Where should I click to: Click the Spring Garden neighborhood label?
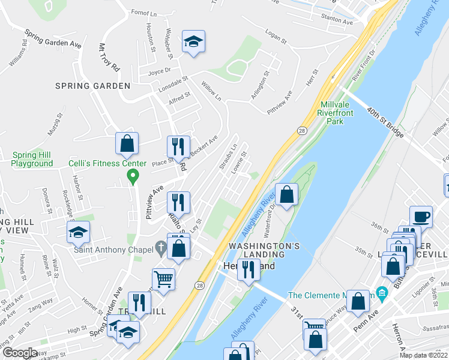point(92,86)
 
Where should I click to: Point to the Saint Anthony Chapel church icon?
point(160,247)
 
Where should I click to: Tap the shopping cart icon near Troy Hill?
point(163,278)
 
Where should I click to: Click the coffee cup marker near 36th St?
point(421,216)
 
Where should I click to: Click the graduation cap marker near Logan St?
point(193,41)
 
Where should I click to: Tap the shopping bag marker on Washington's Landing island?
point(288,194)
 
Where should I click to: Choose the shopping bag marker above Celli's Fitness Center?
point(127,143)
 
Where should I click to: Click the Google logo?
point(20,353)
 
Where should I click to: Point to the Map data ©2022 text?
point(423,355)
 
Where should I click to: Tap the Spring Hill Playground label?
point(32,159)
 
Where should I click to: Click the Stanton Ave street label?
point(337,22)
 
